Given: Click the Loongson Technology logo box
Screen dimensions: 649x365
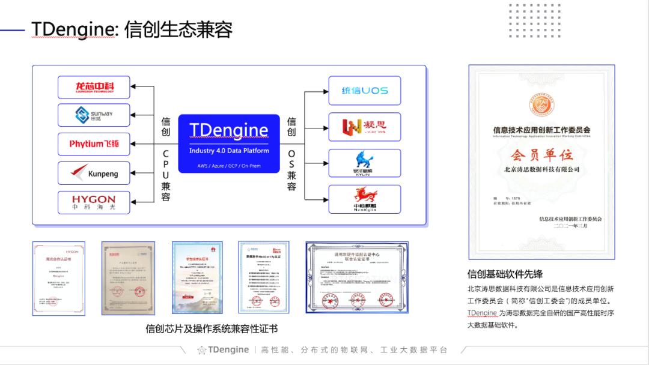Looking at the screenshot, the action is [94, 88].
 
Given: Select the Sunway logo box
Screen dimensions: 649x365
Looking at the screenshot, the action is [94, 115].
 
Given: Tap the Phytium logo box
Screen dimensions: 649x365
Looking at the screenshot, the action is [94, 144].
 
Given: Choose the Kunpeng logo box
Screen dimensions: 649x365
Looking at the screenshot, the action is [94, 173].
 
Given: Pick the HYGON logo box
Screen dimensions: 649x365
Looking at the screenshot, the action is [94, 202].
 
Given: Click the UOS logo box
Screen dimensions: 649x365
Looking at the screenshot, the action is [365, 91].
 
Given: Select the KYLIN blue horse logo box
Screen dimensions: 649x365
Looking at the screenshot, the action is [365, 163].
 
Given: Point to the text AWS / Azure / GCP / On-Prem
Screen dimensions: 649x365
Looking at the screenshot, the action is [229, 165].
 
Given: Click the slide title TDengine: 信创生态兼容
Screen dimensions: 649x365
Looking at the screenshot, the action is [132, 29].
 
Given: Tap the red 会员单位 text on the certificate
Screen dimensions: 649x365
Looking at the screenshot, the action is [541, 155].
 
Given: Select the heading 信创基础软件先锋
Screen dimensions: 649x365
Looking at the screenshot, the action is [505, 274].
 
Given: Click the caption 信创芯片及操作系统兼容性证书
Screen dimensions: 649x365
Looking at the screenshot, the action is [212, 329].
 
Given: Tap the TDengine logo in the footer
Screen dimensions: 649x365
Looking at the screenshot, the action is [223, 349].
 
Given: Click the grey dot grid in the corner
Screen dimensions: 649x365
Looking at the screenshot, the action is [526, 21].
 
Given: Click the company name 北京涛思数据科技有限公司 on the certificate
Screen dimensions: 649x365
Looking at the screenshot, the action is [542, 170].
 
